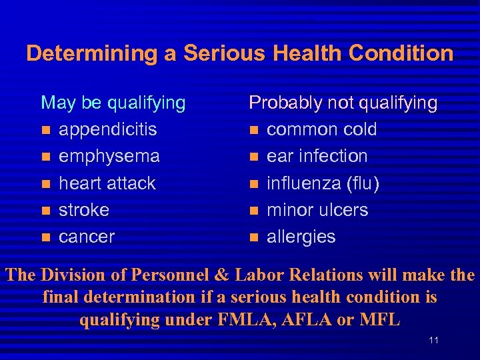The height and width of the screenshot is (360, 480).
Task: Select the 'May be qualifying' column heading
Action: point(113,103)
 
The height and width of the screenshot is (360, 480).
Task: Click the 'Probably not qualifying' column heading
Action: point(343,103)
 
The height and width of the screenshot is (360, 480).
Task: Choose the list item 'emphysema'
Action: point(109,156)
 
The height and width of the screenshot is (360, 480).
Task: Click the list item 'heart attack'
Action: point(107,183)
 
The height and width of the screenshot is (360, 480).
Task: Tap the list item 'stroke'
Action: point(84,209)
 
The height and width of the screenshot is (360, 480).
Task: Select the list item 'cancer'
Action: point(87,237)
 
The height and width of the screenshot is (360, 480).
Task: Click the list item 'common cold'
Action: point(321,129)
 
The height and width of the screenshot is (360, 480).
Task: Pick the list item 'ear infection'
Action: point(317,156)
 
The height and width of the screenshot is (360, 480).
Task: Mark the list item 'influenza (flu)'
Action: point(323,183)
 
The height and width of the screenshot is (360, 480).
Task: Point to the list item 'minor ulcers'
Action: point(317,209)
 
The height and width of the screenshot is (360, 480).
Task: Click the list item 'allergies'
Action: point(301,237)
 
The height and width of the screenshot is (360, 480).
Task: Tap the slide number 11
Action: point(434,341)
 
